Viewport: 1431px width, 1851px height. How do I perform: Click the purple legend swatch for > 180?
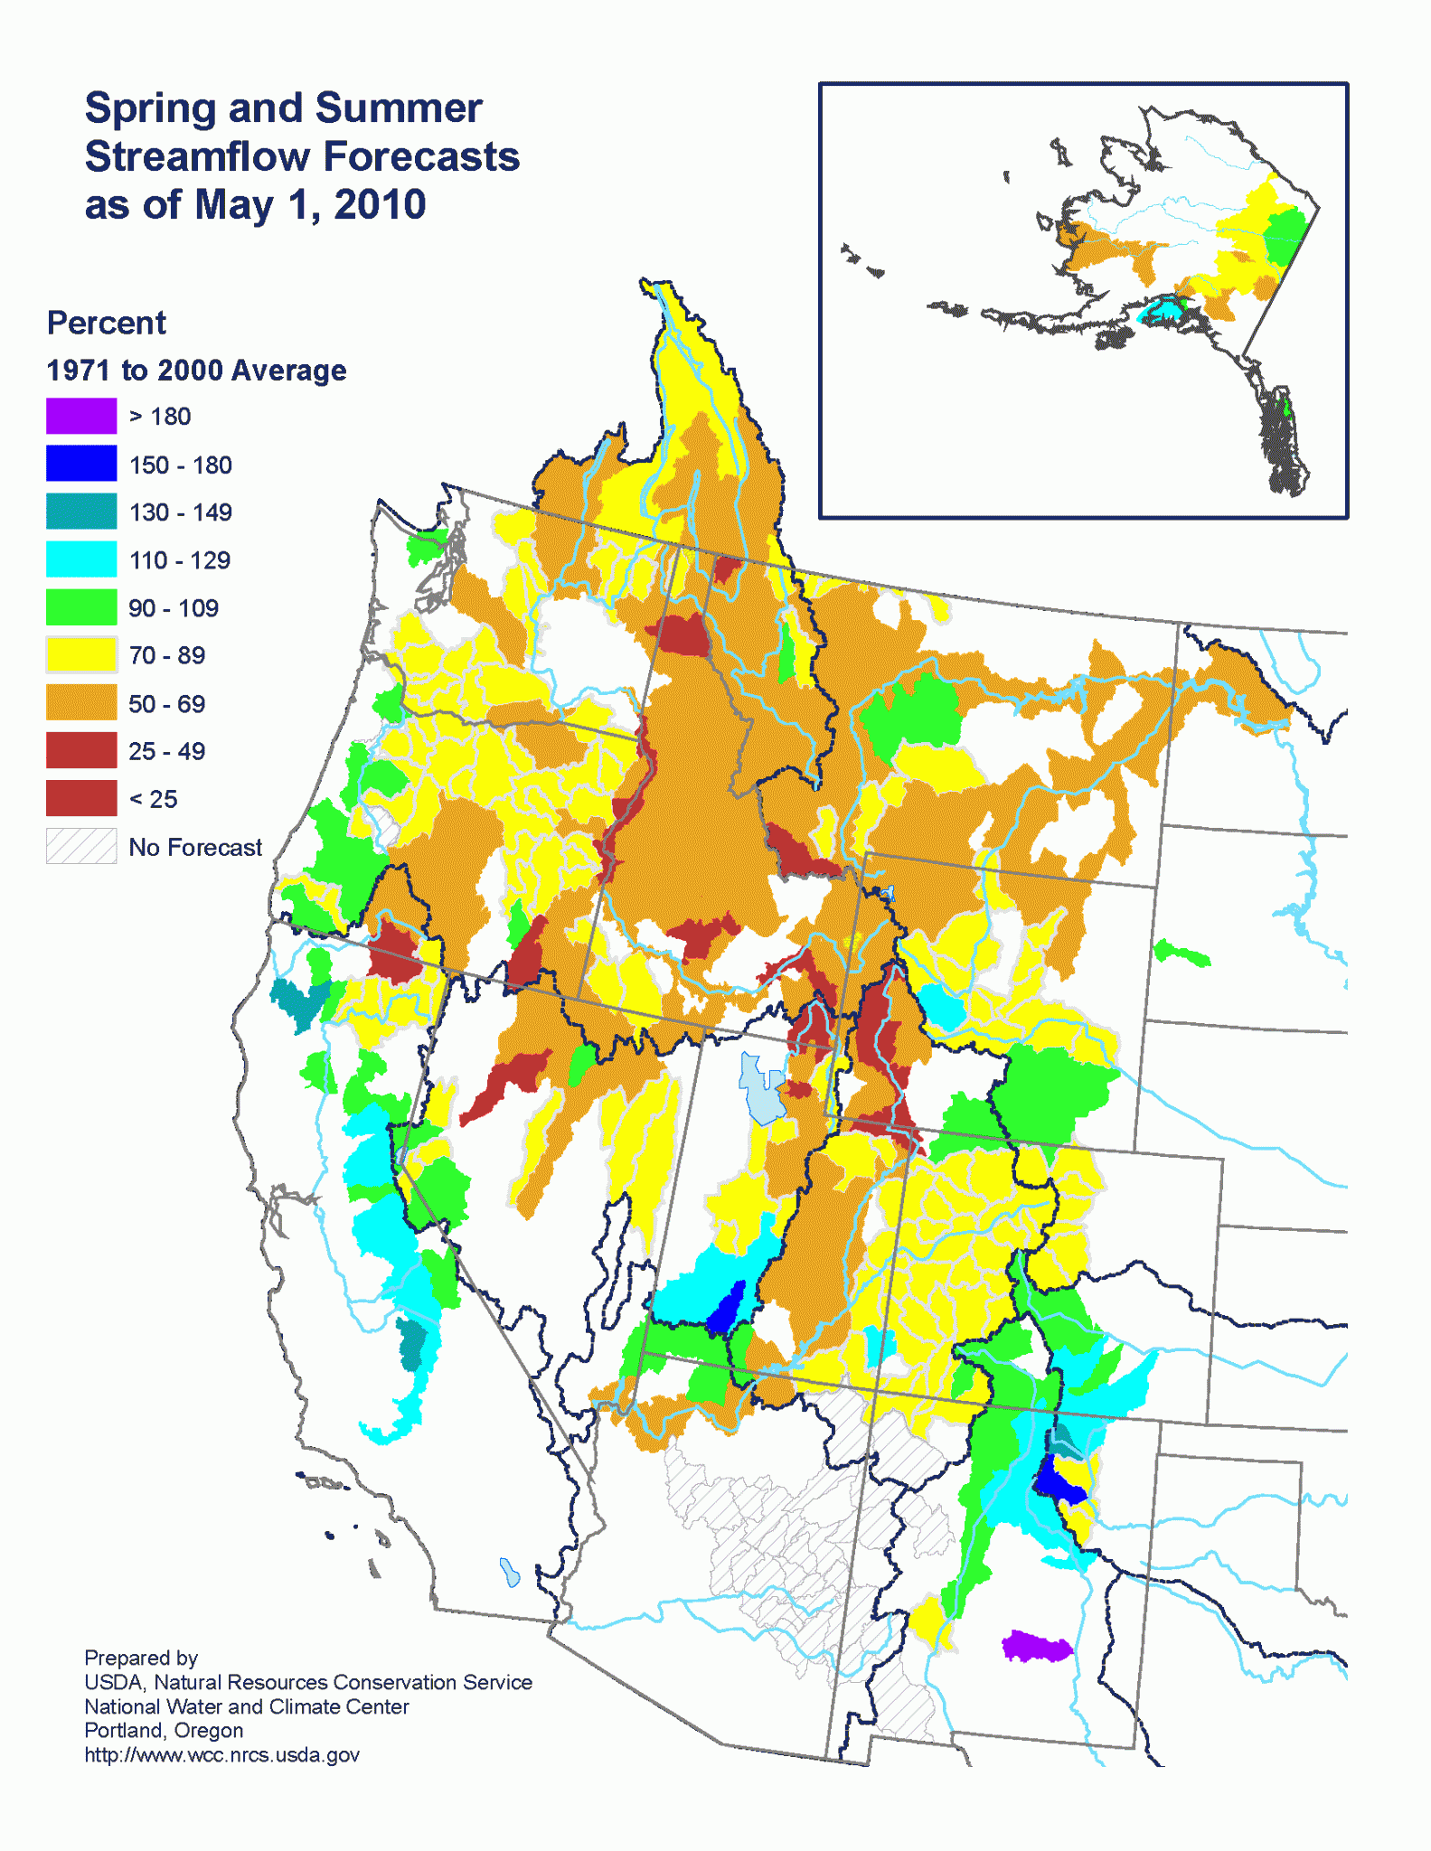pyautogui.click(x=81, y=416)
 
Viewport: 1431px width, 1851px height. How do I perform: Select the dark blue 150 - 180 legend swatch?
pyautogui.click(x=81, y=464)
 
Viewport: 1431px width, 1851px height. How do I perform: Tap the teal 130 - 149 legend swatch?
pyautogui.click(x=81, y=512)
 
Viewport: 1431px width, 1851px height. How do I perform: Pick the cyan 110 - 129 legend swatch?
pyautogui.click(x=81, y=559)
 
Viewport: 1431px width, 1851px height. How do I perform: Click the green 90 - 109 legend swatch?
pyautogui.click(x=81, y=607)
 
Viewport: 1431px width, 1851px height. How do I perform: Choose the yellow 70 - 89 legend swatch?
pyautogui.click(x=81, y=654)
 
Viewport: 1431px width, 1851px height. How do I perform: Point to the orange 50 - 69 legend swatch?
pyautogui.click(x=81, y=702)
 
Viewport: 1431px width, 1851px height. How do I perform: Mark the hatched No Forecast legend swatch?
pyautogui.click(x=81, y=846)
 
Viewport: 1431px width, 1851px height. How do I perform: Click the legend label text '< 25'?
pyautogui.click(x=153, y=799)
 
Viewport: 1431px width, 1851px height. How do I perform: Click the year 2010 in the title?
pyautogui.click(x=380, y=204)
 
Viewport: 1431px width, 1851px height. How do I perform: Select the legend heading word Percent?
pyautogui.click(x=106, y=323)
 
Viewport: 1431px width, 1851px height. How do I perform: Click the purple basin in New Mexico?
pyautogui.click(x=1036, y=1646)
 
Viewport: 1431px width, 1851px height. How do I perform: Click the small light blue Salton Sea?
pyautogui.click(x=510, y=1573)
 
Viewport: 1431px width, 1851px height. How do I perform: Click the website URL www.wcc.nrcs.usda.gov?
pyautogui.click(x=221, y=1754)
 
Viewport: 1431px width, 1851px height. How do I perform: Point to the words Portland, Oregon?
pyautogui.click(x=164, y=1730)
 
